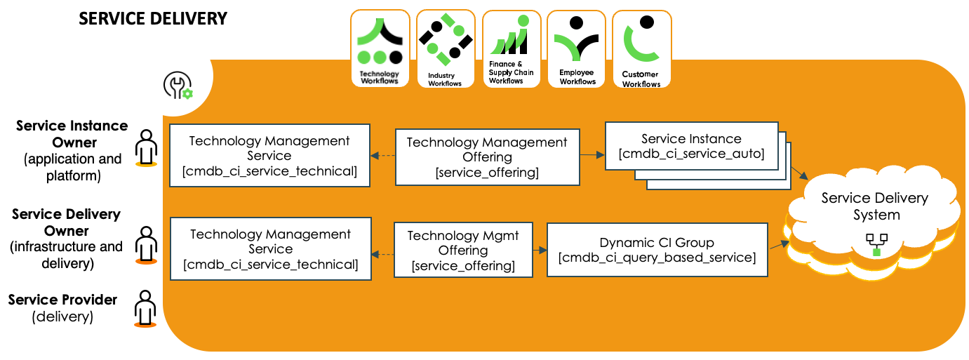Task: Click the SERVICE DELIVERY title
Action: (153, 19)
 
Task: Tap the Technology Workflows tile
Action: (380, 48)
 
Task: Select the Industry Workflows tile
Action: (446, 48)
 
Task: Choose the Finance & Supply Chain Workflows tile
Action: (512, 48)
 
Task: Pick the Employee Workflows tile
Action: (576, 48)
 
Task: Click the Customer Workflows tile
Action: (641, 48)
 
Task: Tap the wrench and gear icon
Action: (178, 85)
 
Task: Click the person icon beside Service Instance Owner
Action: (146, 147)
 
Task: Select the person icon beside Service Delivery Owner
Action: (146, 245)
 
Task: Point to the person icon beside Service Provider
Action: (145, 309)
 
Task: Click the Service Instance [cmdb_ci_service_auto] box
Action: (691, 146)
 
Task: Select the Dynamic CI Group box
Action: (657, 250)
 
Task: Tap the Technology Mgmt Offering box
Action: (463, 250)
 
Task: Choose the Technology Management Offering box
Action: (487, 157)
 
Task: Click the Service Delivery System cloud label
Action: (875, 206)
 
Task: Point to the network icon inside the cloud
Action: (876, 244)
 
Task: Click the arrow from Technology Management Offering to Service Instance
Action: (592, 154)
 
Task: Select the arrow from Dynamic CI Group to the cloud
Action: (780, 245)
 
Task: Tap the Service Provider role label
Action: (62, 307)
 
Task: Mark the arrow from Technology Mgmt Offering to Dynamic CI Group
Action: (540, 250)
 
